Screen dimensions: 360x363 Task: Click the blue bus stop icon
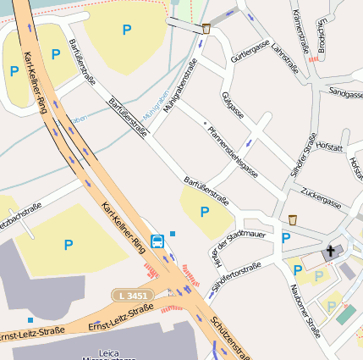point(157,241)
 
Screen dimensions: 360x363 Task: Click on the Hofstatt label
point(329,147)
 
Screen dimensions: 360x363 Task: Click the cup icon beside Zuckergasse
point(293,219)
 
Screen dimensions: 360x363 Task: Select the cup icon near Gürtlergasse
point(206,29)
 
